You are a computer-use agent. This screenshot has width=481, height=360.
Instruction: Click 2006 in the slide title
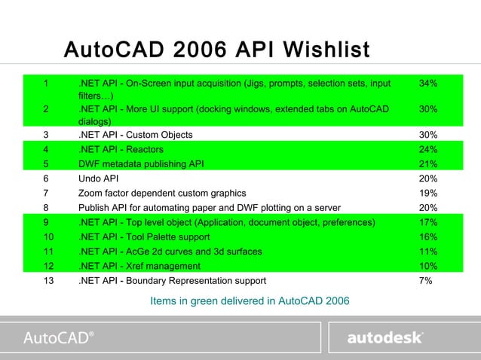(201, 50)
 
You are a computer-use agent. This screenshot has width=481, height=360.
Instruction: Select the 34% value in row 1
(428, 83)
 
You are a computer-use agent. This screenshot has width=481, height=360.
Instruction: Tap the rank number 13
(49, 281)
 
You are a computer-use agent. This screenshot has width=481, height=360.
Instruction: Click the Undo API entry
(99, 178)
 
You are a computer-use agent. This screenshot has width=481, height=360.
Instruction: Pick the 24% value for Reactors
(428, 149)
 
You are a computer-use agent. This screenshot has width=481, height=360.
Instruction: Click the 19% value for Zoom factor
(428, 193)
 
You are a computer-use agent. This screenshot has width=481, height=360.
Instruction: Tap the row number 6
(47, 178)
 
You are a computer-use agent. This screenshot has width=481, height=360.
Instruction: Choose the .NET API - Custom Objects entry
(135, 135)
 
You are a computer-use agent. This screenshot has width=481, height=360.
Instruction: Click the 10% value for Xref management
(428, 266)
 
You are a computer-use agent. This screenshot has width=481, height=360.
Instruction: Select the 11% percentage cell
(428, 252)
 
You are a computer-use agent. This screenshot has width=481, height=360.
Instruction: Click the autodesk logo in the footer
(384, 337)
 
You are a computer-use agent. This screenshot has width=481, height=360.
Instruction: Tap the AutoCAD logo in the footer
(60, 337)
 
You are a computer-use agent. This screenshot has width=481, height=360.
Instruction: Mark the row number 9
(47, 222)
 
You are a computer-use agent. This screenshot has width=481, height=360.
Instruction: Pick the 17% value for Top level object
(428, 222)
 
